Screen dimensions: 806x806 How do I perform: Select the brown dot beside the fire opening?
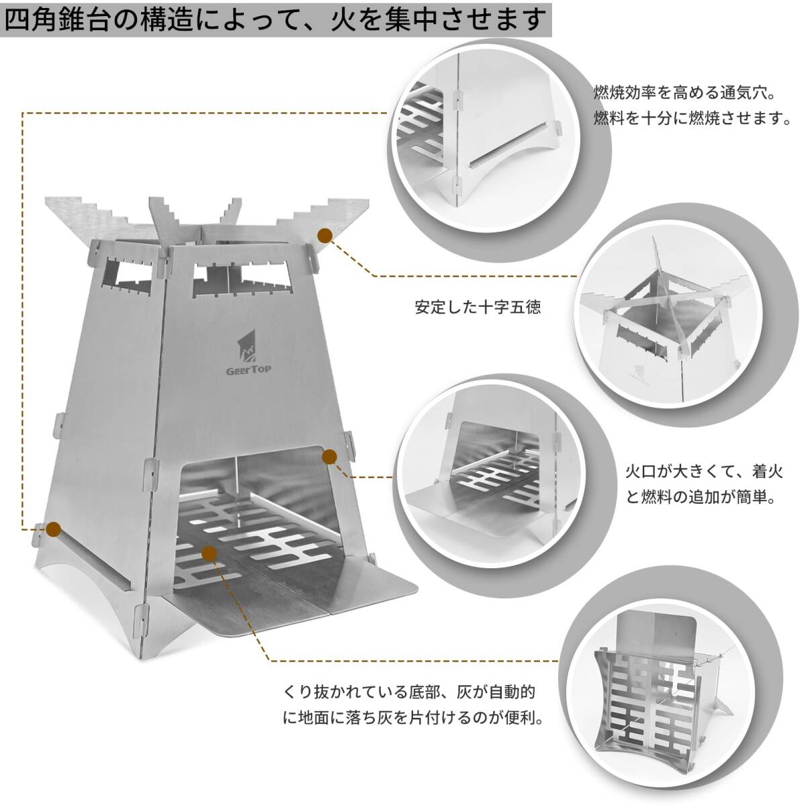(329, 457)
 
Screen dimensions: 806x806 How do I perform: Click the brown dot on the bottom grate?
(210, 553)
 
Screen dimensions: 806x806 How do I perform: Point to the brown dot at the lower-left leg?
(54, 529)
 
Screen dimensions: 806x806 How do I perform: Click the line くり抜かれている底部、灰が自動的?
(409, 691)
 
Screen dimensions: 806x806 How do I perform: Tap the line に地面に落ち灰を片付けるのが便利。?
(413, 718)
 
